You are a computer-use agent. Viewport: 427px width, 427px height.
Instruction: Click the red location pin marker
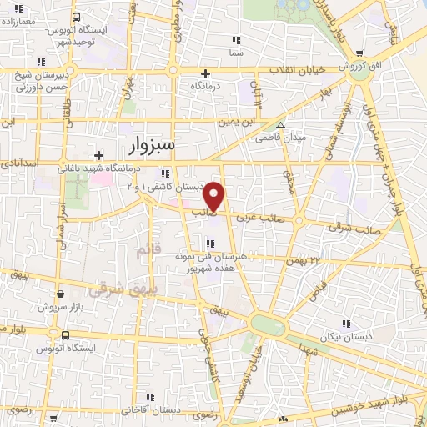click(x=215, y=197)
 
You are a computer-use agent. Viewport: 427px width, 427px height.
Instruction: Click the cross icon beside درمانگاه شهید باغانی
click(x=99, y=155)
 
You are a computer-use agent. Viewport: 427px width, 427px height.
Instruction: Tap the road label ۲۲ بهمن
click(x=304, y=260)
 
